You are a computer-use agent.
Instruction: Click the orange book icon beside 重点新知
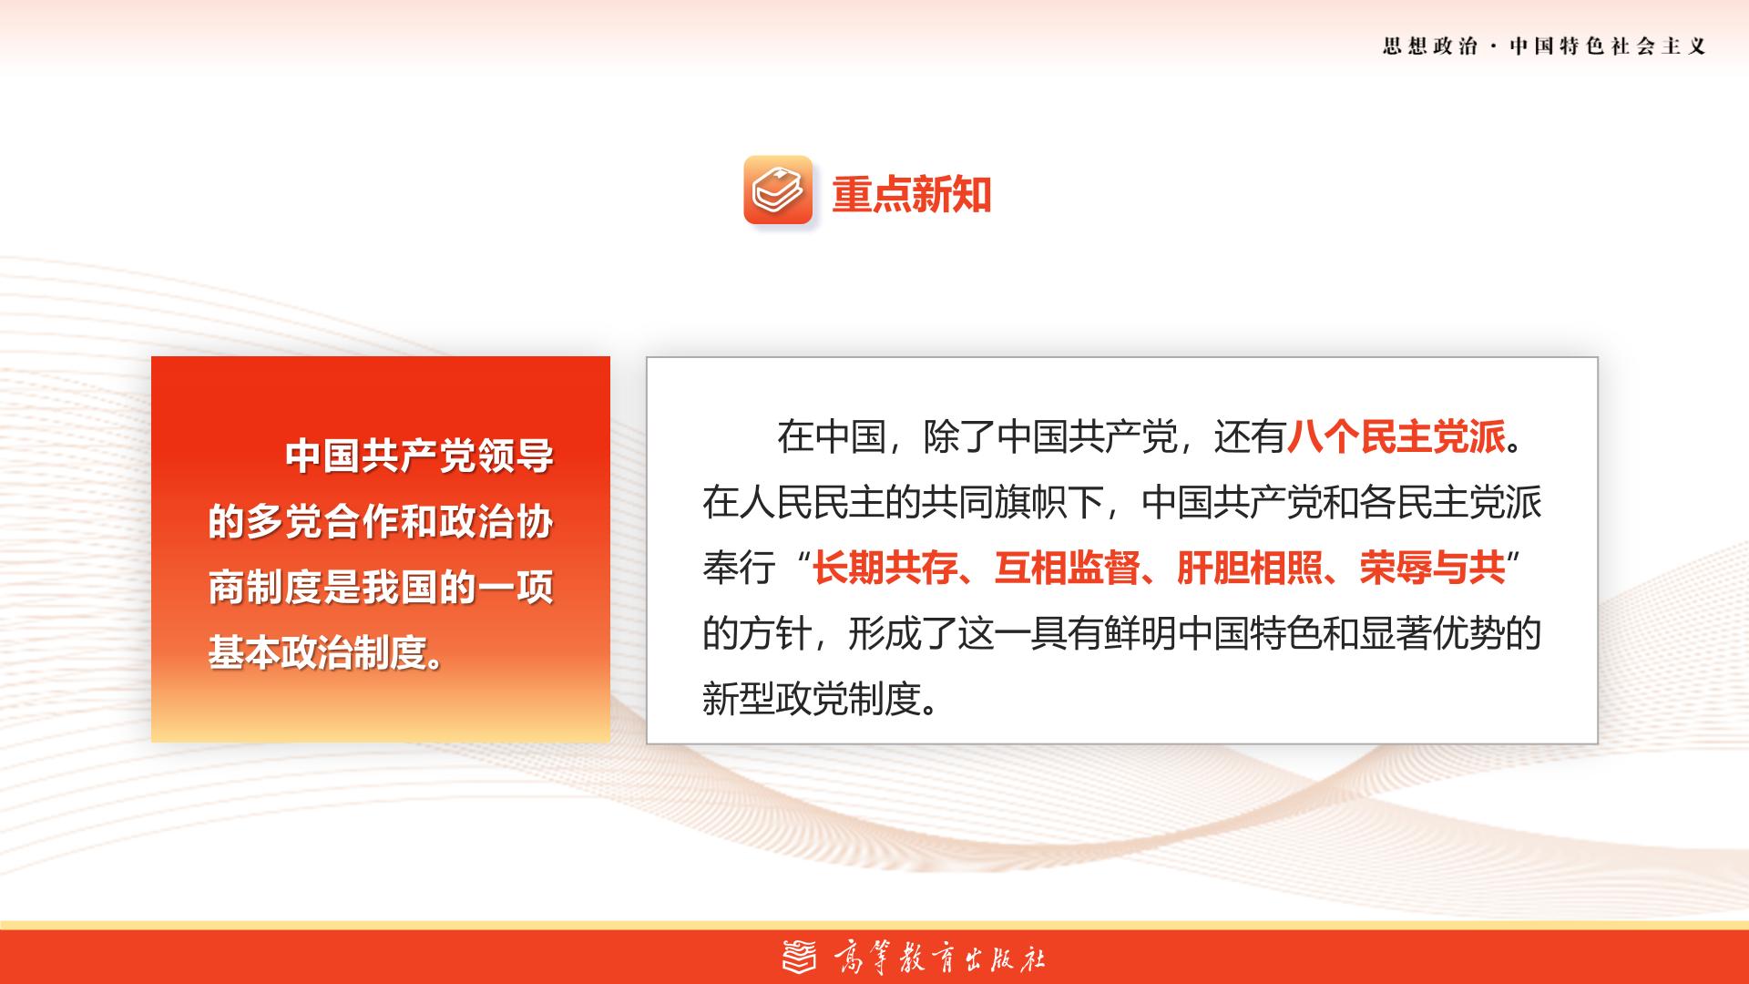778,190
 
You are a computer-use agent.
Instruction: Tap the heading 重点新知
911,195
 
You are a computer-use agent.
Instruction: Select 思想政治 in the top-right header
1429,46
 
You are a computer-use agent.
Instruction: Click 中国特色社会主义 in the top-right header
1608,46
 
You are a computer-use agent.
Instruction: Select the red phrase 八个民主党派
1396,437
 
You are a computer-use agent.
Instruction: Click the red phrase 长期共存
885,569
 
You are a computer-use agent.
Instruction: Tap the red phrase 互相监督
1067,569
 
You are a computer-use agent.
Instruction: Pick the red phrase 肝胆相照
1250,569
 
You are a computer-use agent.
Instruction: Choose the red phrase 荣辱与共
1432,569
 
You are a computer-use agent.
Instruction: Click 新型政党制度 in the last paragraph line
812,700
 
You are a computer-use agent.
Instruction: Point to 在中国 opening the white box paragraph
831,437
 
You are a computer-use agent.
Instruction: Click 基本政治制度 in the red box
317,652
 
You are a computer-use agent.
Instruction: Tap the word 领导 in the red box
517,456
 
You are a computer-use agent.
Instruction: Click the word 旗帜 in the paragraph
1030,503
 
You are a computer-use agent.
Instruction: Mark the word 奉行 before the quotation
739,569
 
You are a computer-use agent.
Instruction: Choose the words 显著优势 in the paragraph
1432,634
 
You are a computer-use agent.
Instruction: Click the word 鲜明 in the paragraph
1140,634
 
